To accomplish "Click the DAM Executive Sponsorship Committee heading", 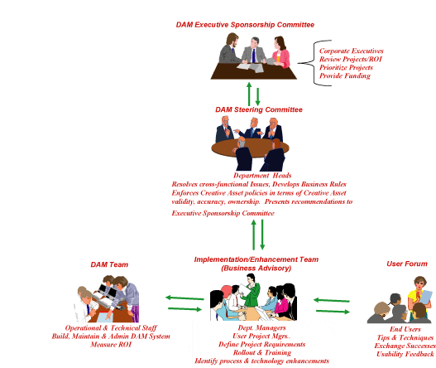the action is [x=245, y=25].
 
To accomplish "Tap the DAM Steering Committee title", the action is [x=259, y=109].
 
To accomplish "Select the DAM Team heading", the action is [x=109, y=264].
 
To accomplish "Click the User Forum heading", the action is [x=407, y=264].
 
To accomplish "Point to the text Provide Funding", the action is [x=345, y=75].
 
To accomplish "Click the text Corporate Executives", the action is [x=352, y=51].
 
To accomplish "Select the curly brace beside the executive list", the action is [x=314, y=63].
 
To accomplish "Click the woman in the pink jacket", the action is [x=280, y=52].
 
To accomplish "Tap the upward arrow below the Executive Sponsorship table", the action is [x=249, y=94].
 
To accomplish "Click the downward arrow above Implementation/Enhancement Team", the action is [x=262, y=235].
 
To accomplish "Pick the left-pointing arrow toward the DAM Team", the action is [x=184, y=298].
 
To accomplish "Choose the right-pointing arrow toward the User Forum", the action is [x=333, y=311].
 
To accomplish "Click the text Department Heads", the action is [x=262, y=176].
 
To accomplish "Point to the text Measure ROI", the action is [x=111, y=345].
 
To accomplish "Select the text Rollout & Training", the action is [x=262, y=353].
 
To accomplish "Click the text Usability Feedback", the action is [x=405, y=354].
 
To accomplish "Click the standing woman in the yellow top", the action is [x=419, y=294].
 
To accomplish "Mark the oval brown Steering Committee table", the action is [x=250, y=148].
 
